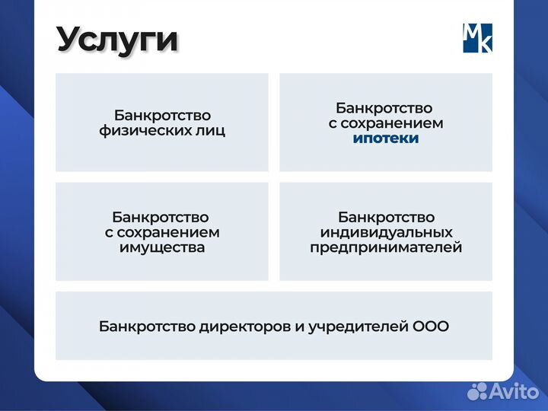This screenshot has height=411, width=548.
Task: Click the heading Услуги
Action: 117,40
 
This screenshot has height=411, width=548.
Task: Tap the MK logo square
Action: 477,37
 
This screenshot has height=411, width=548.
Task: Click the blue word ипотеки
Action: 386,139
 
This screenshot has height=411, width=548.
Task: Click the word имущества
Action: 161,247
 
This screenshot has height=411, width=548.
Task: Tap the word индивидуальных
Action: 386,232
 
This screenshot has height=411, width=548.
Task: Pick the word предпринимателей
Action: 386,247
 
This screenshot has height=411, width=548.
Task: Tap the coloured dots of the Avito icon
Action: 477,391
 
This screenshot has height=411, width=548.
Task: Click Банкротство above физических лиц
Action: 161,116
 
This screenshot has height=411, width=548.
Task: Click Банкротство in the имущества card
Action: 161,217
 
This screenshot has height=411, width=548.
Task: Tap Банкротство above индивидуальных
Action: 386,217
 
